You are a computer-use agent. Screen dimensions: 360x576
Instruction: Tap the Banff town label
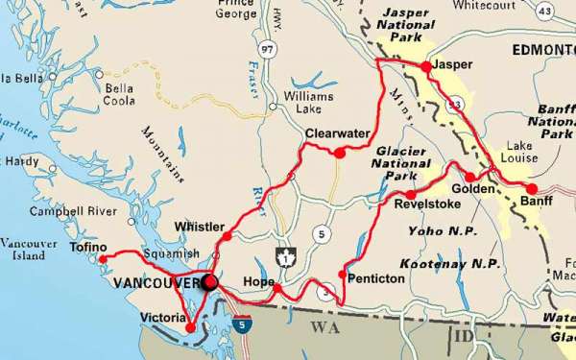pyautogui.click(x=532, y=204)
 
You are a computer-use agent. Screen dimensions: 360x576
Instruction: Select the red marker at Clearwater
pyautogui.click(x=339, y=153)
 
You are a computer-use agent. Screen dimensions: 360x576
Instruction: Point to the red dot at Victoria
pyautogui.click(x=190, y=328)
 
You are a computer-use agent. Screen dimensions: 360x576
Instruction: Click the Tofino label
pyautogui.click(x=88, y=246)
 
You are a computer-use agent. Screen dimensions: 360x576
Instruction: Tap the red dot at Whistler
pyautogui.click(x=227, y=236)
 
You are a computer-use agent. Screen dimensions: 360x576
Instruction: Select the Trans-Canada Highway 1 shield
pyautogui.click(x=284, y=257)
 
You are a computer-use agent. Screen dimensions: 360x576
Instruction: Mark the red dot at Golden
pyautogui.click(x=470, y=177)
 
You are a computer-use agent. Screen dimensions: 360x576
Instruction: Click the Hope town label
pyautogui.click(x=259, y=281)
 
